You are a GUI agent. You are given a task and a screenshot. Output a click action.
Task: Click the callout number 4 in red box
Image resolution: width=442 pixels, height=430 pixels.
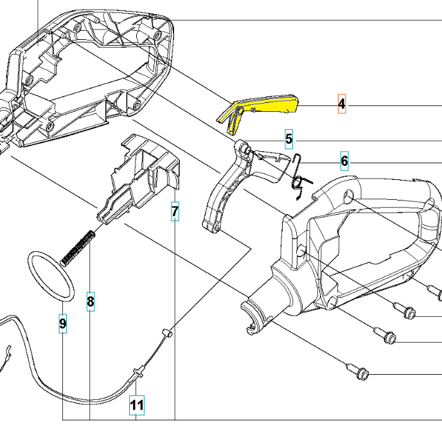pos(342,103)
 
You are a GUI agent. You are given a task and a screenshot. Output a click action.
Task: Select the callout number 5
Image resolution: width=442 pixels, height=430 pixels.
pos(289,139)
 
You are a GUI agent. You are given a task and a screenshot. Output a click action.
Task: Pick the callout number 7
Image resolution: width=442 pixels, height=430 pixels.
pos(175,211)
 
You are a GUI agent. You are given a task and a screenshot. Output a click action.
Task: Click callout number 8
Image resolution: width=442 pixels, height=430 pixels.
pos(91,301)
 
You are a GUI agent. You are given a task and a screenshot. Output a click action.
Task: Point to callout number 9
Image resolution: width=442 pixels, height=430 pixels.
pos(62,325)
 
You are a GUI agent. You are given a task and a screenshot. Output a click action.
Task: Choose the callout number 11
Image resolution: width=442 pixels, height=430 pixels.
pos(136,405)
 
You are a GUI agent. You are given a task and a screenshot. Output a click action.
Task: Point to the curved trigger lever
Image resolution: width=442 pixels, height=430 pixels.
pos(222,193)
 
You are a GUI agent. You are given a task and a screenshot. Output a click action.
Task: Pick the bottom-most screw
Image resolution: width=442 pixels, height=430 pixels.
pos(358,372)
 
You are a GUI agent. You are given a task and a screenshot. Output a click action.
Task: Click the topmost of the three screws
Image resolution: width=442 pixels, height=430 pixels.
pos(405,312)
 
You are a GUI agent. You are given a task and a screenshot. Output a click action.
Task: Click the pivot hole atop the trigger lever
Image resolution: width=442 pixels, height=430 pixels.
pos(242,148)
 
